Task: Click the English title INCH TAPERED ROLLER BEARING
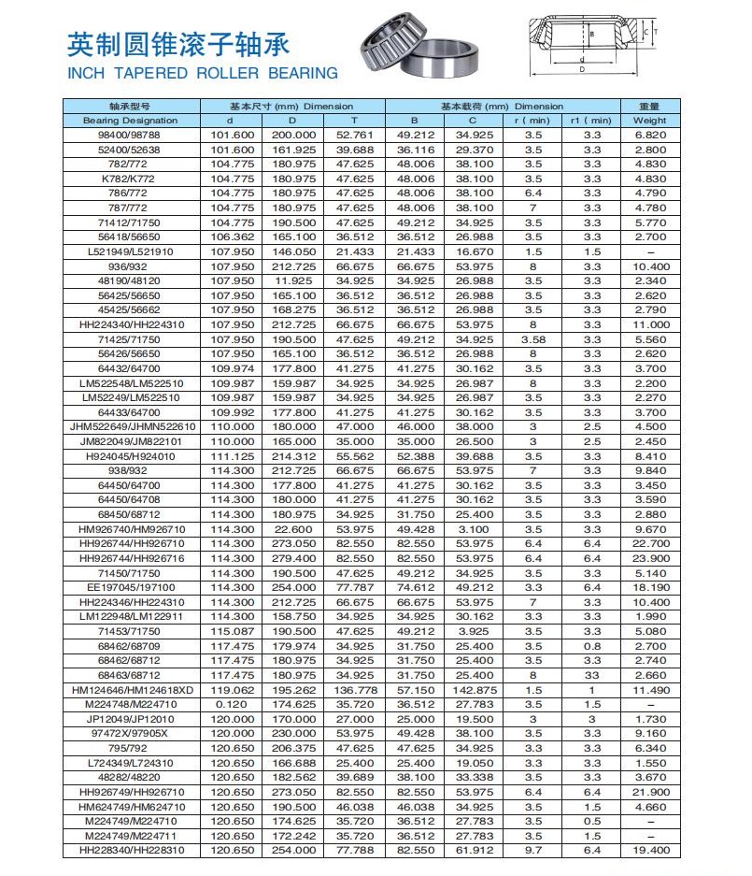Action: pos(203,73)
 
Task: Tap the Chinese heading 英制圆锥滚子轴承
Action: pos(178,44)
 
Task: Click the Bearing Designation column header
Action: pos(130,121)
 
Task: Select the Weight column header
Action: pos(650,121)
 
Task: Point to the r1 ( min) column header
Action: pos(591,121)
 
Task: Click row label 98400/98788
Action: pos(130,136)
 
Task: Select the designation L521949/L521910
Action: pos(130,252)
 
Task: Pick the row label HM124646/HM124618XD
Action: pos(130,689)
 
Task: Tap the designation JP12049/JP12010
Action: pos(130,718)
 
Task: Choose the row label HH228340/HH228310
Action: pos(130,850)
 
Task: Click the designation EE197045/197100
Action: pos(130,587)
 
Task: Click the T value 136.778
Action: pos(354,689)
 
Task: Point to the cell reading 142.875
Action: pos(473,689)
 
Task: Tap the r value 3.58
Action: pos(532,339)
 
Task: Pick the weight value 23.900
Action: pos(650,558)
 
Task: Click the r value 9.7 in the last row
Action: pos(532,850)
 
